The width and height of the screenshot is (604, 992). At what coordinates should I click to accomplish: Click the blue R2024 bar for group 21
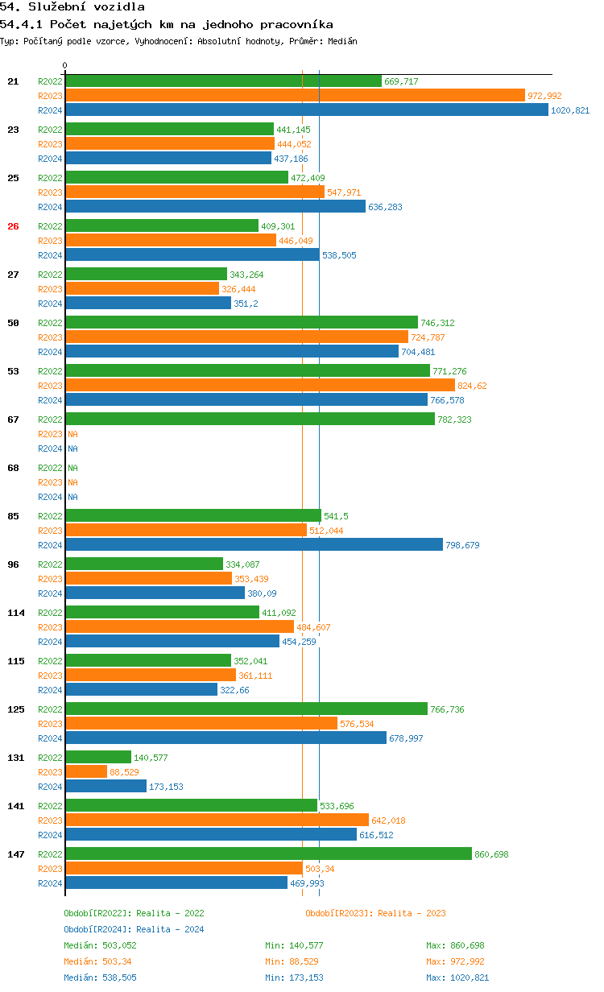coord(307,110)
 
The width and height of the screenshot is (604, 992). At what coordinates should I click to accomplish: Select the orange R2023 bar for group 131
coord(86,772)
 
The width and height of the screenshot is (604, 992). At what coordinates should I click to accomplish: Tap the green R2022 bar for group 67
coord(250,420)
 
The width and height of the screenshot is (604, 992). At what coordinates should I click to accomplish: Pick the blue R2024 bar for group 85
coord(254,545)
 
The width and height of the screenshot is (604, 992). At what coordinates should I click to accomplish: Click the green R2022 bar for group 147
coord(268,854)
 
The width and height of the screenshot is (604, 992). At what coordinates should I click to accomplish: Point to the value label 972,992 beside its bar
coord(544,96)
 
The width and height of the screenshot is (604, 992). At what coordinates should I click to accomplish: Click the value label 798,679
coord(462,545)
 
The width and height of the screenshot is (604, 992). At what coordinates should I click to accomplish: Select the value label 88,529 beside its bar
coord(124,772)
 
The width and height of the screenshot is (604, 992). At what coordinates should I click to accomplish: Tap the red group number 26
coord(13,226)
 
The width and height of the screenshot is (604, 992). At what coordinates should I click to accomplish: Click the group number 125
coord(16,709)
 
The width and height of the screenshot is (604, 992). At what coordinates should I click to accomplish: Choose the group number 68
coord(13,468)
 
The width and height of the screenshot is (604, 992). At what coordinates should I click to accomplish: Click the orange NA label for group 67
coord(72,434)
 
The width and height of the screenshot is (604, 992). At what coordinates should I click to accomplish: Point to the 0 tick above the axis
coord(65,65)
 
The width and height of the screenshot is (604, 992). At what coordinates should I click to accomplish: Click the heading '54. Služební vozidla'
coord(72,7)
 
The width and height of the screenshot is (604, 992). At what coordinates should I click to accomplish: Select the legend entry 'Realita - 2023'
coord(375,913)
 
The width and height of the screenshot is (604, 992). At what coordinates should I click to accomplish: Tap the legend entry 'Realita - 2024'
coord(134,929)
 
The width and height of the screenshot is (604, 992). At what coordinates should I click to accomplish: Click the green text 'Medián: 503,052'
coord(100,945)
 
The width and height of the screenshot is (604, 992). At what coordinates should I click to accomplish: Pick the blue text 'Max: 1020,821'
coord(457,978)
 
